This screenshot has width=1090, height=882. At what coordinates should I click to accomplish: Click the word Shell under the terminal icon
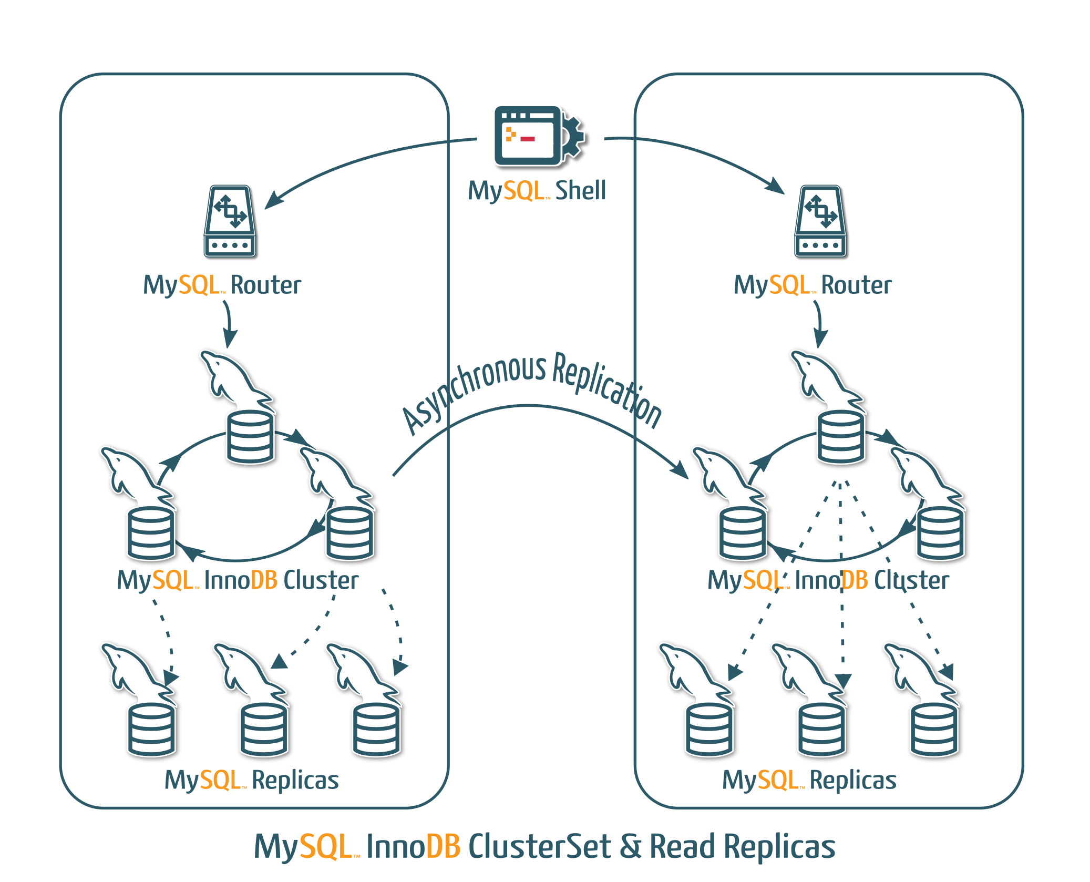[x=580, y=190]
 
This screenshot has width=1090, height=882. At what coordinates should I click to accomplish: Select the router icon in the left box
[x=230, y=221]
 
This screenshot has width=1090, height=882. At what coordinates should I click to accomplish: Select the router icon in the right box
[x=820, y=221]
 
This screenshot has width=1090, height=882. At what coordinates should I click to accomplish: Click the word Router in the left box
[x=265, y=285]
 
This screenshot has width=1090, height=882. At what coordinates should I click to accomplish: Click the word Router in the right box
[x=856, y=285]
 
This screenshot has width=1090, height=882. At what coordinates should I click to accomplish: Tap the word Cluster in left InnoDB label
[x=321, y=580]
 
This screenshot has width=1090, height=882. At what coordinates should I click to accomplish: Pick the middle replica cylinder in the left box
[x=264, y=730]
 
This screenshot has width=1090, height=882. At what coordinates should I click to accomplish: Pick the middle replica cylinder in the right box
[x=821, y=730]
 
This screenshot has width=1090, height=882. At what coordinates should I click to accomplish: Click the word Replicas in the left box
[x=295, y=780]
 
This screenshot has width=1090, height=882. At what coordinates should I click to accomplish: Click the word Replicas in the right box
[x=852, y=780]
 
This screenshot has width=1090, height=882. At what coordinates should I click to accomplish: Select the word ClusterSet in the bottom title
[x=539, y=847]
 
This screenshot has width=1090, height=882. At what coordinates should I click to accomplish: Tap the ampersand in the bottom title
[x=630, y=847]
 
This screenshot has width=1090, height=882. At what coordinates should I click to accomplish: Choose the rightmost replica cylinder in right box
[x=934, y=730]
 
